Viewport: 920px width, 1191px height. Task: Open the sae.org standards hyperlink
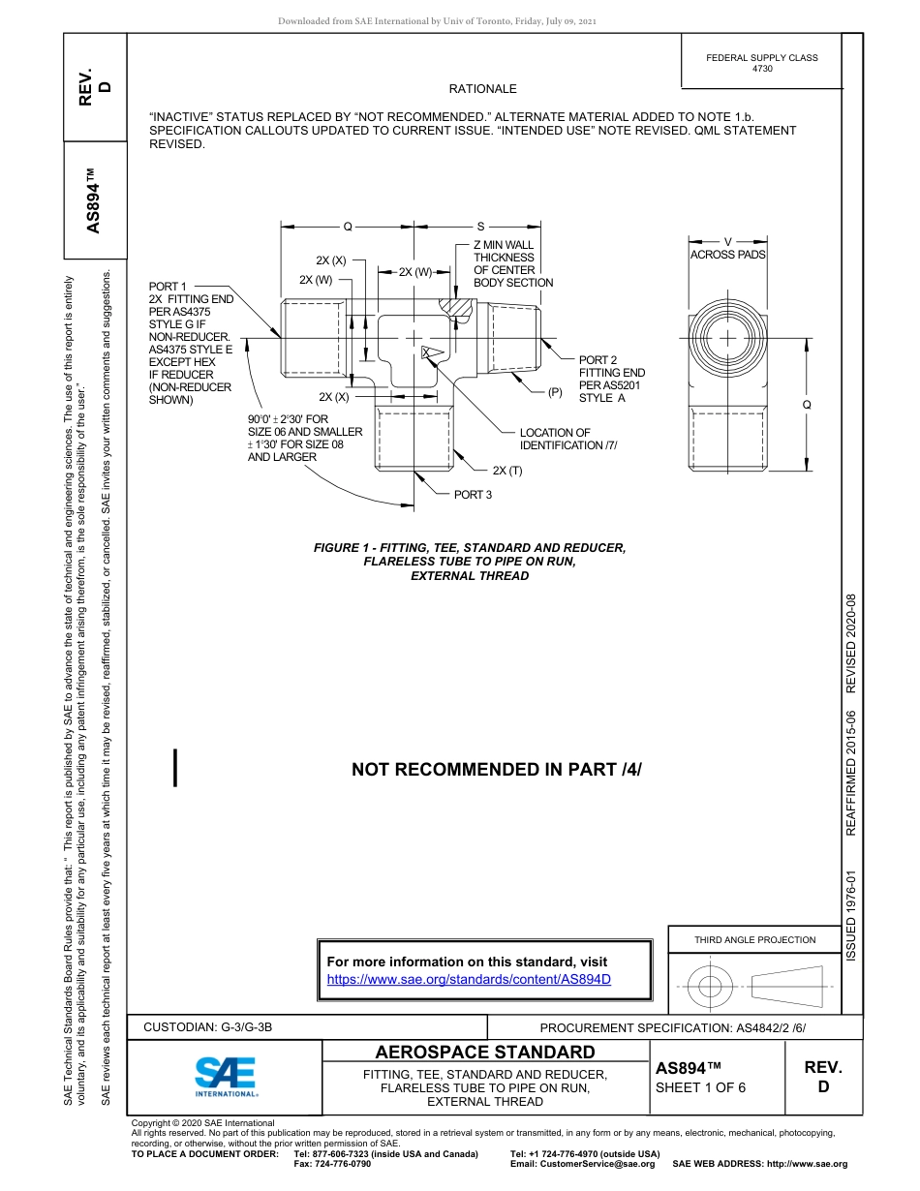coord(470,979)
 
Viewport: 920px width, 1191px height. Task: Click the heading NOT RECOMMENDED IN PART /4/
coord(497,770)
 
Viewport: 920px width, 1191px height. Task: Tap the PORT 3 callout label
coord(474,495)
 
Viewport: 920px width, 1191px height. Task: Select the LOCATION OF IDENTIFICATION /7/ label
coord(567,439)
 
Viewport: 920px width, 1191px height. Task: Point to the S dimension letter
coord(480,227)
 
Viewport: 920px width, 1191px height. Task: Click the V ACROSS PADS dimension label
coord(727,249)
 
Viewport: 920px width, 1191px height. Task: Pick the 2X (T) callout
coord(507,471)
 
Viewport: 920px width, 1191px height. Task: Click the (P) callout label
coord(555,392)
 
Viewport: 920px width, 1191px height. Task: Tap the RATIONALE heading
coord(482,89)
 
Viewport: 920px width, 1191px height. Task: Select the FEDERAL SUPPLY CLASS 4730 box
coord(761,63)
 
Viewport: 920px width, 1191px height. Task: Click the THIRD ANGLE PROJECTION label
coord(754,939)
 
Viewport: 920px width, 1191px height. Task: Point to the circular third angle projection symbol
coord(710,987)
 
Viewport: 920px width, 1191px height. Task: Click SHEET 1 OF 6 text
coord(700,1086)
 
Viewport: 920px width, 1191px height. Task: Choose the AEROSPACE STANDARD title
coord(485,1052)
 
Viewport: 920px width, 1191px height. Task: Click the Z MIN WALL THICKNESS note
coord(512,264)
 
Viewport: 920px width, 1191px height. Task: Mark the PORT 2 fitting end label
coord(611,379)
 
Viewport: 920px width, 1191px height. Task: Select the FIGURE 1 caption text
coord(470,562)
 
